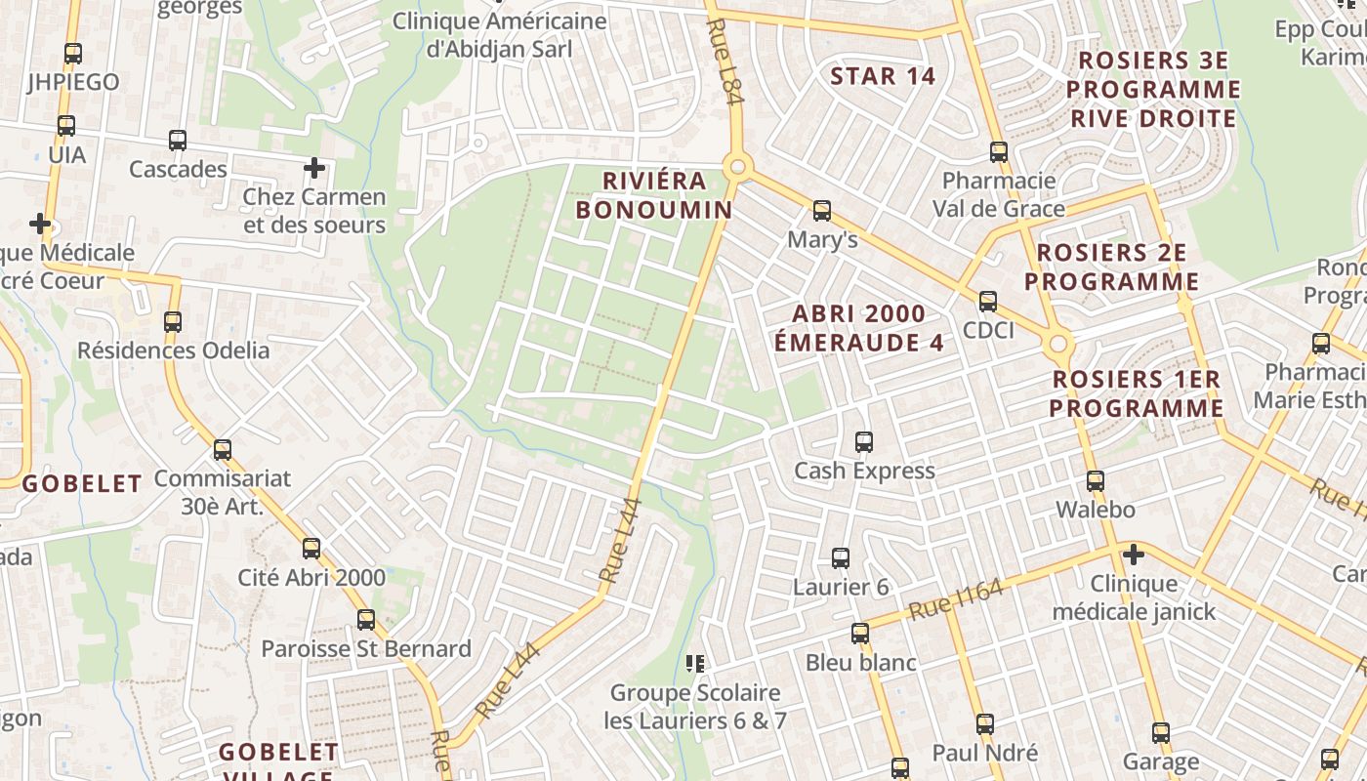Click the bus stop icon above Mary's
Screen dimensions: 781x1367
point(822,210)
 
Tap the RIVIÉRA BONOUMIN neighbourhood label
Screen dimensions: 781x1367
point(653,195)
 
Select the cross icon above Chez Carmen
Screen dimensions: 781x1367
point(314,168)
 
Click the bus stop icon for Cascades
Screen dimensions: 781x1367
point(178,140)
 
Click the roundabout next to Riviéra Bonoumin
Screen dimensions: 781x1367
point(737,168)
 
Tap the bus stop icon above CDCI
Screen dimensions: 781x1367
point(988,301)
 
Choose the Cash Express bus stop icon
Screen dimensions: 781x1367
point(864,442)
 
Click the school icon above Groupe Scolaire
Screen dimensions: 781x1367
point(695,664)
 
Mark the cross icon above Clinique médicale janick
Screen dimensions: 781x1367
point(1133,555)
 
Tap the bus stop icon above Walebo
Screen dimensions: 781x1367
point(1096,480)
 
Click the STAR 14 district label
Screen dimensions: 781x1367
point(883,76)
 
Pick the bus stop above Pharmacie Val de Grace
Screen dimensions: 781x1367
point(998,151)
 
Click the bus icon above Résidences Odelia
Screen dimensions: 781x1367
point(173,321)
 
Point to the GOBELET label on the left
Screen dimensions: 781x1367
point(82,483)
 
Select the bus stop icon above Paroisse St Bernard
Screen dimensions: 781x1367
point(366,619)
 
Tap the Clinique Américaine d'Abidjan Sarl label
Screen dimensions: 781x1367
point(499,34)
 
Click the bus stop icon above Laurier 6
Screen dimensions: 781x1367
point(841,558)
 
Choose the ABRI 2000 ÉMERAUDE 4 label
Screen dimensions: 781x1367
point(859,328)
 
